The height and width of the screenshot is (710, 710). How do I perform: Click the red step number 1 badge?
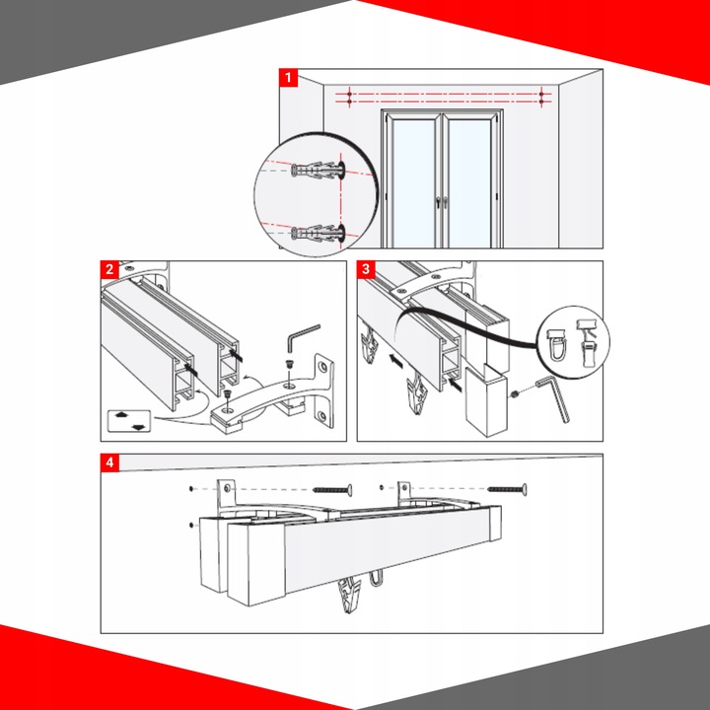pyautogui.click(x=288, y=78)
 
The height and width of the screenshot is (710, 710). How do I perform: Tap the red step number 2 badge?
pyautogui.click(x=109, y=270)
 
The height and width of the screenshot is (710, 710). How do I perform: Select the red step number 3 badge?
pyautogui.click(x=366, y=270)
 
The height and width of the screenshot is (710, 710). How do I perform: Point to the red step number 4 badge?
pyautogui.click(x=109, y=462)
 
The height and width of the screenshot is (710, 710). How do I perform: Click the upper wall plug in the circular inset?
pyautogui.click(x=318, y=171)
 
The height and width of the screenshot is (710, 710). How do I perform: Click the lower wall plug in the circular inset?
pyautogui.click(x=318, y=233)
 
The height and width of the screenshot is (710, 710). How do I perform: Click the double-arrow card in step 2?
pyautogui.click(x=129, y=421)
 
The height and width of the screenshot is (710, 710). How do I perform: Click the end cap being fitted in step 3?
pyautogui.click(x=486, y=399)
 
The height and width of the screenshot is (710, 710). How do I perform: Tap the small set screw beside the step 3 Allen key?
pyautogui.click(x=515, y=393)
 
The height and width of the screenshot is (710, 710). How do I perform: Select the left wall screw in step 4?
pyautogui.click(x=332, y=490)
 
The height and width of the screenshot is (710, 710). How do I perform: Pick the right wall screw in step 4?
pyautogui.click(x=507, y=489)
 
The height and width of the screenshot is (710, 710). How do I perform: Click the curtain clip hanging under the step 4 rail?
pyautogui.click(x=350, y=595)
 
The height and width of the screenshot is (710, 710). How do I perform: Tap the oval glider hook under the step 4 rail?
pyautogui.click(x=376, y=579)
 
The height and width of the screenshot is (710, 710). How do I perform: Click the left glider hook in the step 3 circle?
pyautogui.click(x=557, y=344)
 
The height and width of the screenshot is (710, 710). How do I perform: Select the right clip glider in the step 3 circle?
pyautogui.click(x=588, y=343)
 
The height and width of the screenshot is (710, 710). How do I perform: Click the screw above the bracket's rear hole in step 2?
pyautogui.click(x=288, y=364)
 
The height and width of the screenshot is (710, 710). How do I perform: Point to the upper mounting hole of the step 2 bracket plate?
pyautogui.click(x=322, y=366)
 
